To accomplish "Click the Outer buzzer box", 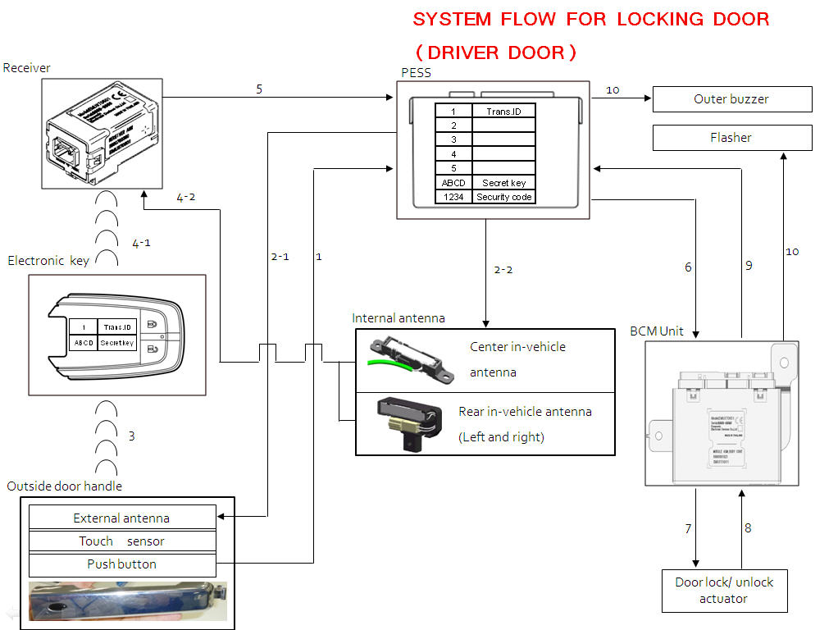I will coord(731,99).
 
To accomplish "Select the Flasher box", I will coord(731,138).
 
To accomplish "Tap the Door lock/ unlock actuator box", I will coord(724,591).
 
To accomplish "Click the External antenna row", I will coord(122,518).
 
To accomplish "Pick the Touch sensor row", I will coord(122,541).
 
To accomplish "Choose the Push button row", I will coord(122,564).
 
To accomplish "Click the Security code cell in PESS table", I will coord(504,197).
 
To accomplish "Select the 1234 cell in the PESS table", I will coord(453,197).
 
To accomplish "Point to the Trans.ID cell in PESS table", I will coord(504,111).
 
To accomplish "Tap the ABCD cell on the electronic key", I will coord(84,343).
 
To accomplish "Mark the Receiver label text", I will coord(27,68).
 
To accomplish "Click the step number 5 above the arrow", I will coord(259,89).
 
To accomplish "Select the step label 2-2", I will coord(503,269).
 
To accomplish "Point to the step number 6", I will coord(688,267).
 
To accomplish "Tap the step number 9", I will coord(749,266).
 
